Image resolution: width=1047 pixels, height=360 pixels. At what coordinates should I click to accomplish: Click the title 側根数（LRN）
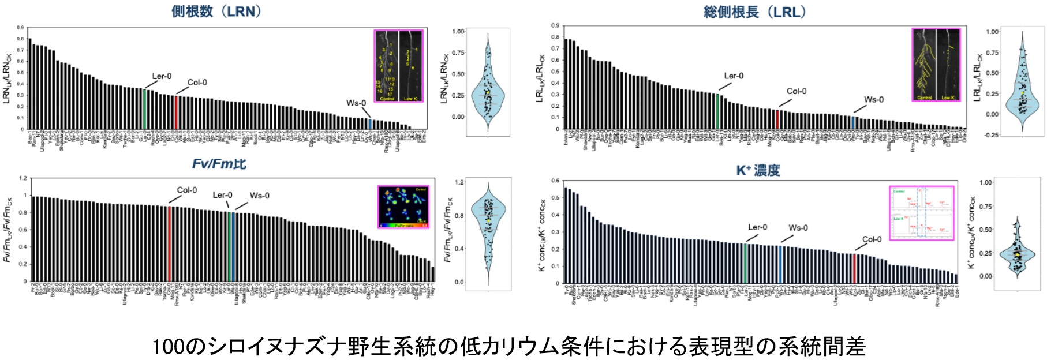pos(216,12)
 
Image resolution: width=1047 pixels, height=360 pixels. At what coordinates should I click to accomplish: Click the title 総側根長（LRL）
pos(755,12)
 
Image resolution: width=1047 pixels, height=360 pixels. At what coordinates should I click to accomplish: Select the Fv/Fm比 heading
pos(219,164)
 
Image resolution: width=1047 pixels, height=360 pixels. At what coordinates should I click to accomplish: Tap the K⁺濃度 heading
pos(758,170)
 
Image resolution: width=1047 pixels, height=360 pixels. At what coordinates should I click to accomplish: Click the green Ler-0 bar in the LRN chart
pos(145,109)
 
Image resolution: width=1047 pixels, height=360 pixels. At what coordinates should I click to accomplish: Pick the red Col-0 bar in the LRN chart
pos(176,112)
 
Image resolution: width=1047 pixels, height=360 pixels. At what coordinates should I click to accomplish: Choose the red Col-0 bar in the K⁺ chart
pos(854,268)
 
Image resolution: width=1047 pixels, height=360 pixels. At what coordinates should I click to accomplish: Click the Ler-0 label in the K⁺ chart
pos(757,227)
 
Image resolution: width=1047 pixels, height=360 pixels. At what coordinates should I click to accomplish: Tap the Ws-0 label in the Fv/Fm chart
pos(259,196)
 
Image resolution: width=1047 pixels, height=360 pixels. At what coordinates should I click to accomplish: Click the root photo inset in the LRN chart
pos(399,66)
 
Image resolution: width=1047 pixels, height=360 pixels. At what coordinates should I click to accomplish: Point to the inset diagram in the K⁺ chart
pos(921,213)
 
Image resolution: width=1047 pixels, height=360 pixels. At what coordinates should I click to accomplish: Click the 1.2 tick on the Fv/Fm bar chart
pos(23,178)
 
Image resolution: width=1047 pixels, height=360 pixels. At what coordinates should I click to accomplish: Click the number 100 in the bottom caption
pos(170,346)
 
